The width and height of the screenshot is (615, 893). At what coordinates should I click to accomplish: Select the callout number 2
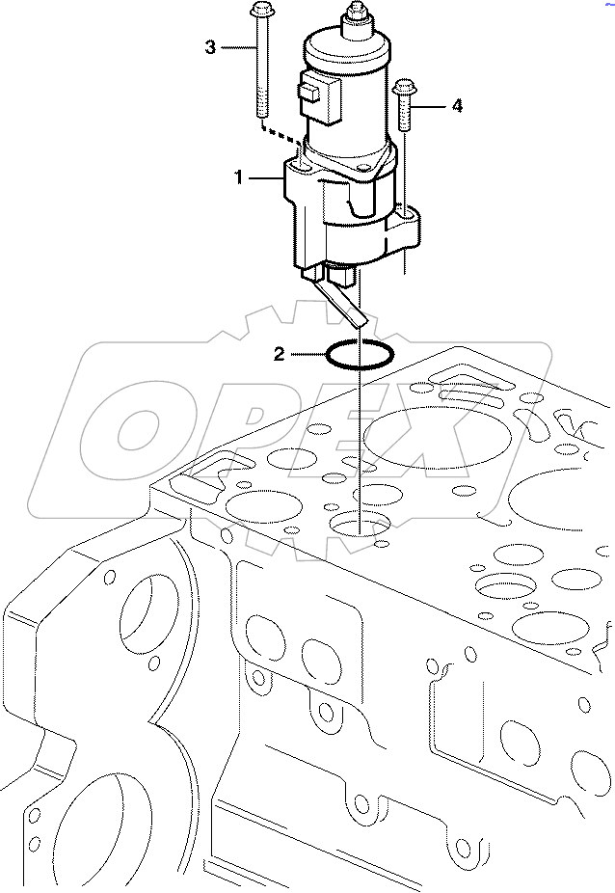(x=280, y=355)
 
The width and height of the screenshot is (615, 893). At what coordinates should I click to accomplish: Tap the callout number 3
(x=210, y=46)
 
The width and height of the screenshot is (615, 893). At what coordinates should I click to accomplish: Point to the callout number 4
(x=456, y=106)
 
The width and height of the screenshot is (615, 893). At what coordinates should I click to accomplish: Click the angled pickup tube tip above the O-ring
(x=358, y=319)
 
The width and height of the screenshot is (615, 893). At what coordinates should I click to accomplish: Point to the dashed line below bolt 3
(x=280, y=134)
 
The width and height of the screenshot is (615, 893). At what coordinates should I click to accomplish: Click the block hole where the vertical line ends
(x=360, y=527)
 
